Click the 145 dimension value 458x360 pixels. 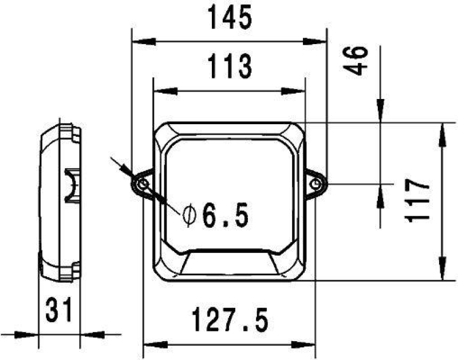click(x=229, y=19)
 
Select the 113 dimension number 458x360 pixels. click(x=229, y=68)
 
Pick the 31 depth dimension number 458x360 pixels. click(x=59, y=311)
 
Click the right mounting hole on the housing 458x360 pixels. click(x=316, y=184)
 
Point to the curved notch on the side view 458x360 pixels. click(x=71, y=185)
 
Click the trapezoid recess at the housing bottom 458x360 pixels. click(x=229, y=264)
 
